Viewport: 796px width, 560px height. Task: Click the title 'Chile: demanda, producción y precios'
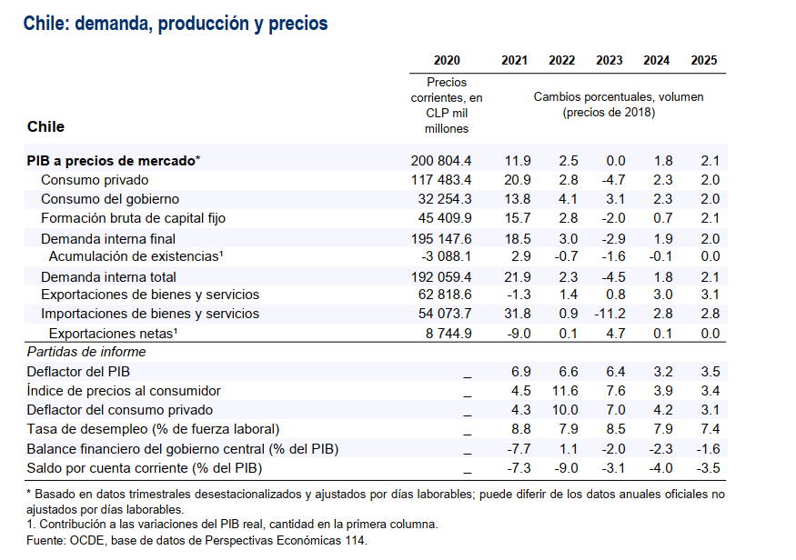pyautogui.click(x=175, y=24)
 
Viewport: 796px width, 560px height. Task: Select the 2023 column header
pyautogui.click(x=609, y=61)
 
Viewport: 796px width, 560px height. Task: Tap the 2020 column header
pyautogui.click(x=447, y=61)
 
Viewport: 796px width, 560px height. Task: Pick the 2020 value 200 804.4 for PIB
pyautogui.click(x=441, y=161)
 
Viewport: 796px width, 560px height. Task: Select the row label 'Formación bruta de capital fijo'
pyautogui.click(x=133, y=218)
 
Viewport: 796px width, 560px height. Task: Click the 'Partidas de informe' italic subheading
pyautogui.click(x=86, y=352)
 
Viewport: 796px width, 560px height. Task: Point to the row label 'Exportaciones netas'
pyautogui.click(x=112, y=333)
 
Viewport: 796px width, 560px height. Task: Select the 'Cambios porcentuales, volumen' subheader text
pyautogui.click(x=618, y=96)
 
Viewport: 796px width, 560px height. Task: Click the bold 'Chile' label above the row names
pyautogui.click(x=45, y=126)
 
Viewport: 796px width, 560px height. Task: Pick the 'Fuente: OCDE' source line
pyautogui.click(x=196, y=541)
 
